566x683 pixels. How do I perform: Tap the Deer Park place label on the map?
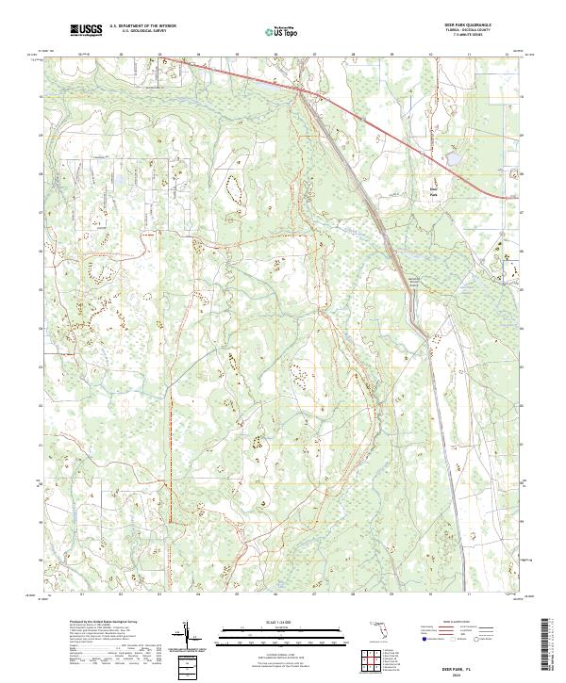click(x=434, y=192)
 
